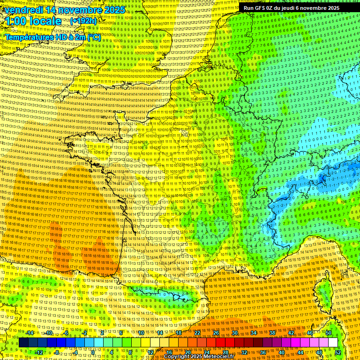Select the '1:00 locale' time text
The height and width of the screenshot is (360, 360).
[x=33, y=21]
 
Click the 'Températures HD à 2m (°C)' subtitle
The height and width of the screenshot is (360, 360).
[x=52, y=37]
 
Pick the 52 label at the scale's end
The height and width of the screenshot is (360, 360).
[x=338, y=352]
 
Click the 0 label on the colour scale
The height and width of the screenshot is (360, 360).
[x=93, y=352]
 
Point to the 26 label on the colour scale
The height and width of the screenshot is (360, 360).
[x=216, y=332]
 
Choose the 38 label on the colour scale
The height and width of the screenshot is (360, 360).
[x=272, y=332]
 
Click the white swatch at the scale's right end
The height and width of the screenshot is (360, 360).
[x=333, y=343]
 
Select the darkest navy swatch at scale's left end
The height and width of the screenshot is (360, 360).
[x=23, y=343]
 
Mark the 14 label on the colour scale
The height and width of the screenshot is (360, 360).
[x=160, y=332]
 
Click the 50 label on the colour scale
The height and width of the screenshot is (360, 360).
[x=329, y=332]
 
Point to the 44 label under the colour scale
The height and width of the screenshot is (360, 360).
[x=300, y=352]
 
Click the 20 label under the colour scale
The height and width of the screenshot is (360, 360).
[x=188, y=352]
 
